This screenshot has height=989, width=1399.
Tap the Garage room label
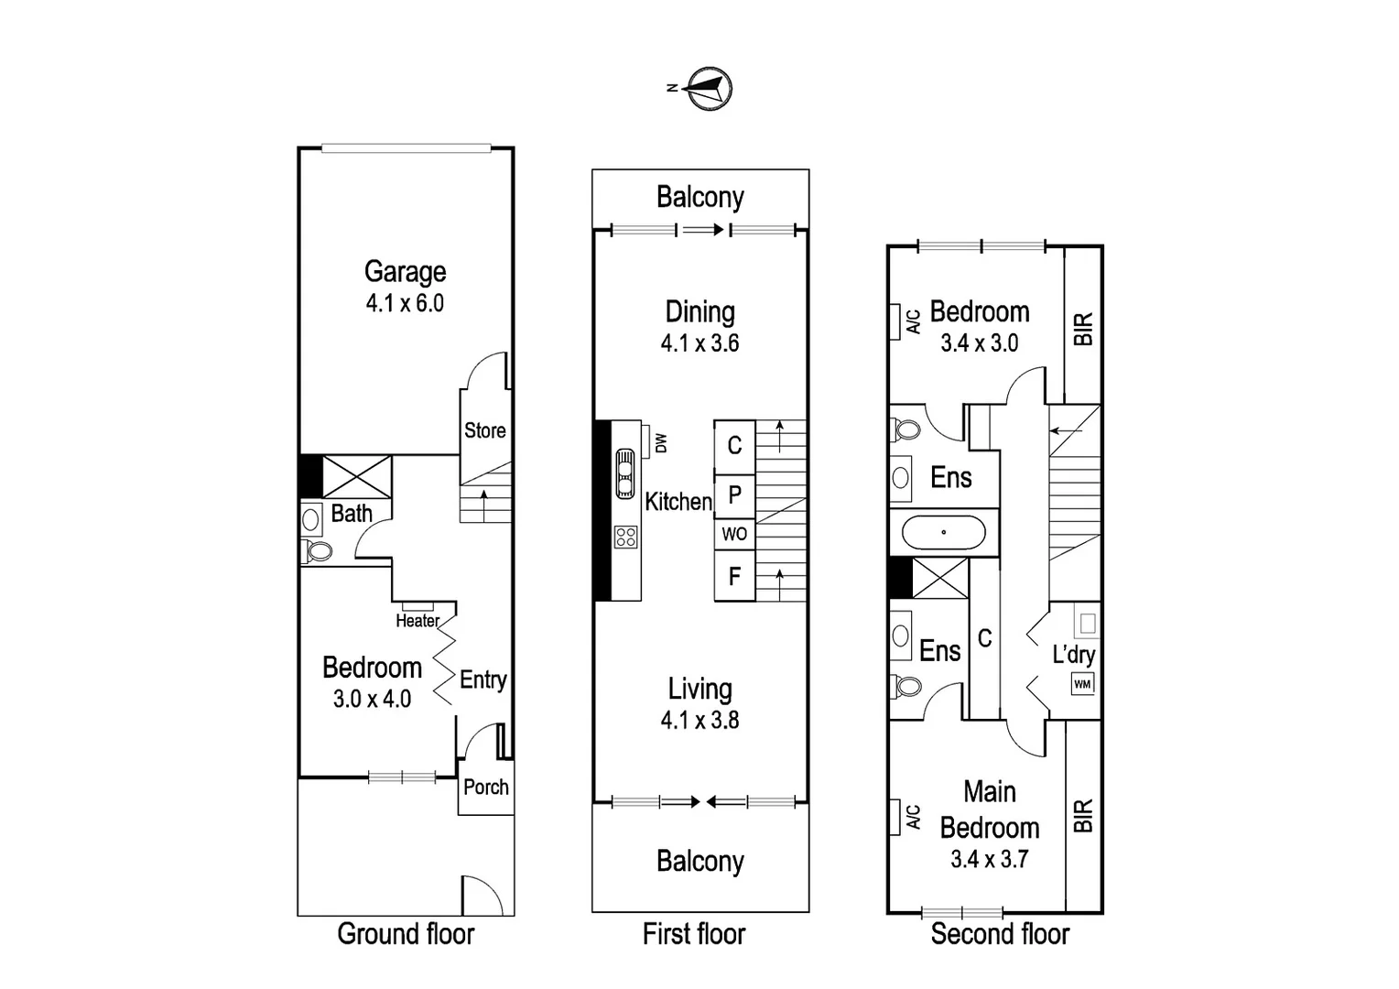point(406,272)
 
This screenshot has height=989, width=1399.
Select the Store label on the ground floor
point(485,430)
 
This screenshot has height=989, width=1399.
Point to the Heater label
point(418,620)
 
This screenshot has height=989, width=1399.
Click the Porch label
point(486,788)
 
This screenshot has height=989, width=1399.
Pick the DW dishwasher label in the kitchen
point(661,443)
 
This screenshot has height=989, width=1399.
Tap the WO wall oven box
point(734,534)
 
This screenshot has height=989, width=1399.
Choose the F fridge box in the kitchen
point(734,575)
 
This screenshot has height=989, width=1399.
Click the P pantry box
point(734,496)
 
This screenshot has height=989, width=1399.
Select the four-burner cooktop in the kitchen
point(626,538)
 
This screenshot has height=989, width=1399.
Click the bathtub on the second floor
point(944,532)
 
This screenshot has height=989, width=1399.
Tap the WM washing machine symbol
point(1082,683)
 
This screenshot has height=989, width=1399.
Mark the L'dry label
point(1074,655)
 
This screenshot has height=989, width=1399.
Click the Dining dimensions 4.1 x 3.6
point(700,343)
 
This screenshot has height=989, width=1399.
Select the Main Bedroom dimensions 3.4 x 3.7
point(990,859)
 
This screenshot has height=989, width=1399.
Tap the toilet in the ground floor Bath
point(318,551)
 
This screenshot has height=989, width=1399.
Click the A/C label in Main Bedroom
point(913,817)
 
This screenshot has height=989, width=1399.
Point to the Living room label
point(700,689)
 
